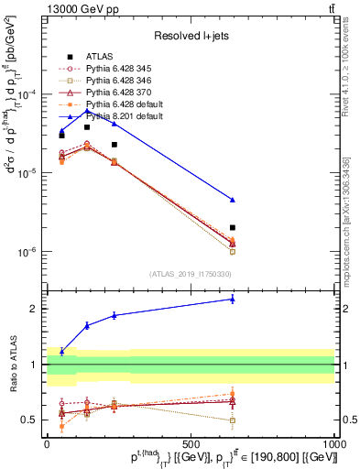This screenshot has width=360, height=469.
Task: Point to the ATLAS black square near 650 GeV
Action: point(233,227)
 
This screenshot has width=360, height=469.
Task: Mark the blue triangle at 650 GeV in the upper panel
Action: point(233,200)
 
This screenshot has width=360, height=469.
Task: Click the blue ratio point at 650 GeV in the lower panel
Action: point(233,299)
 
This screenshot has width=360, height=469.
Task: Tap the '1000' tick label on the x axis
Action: point(334,443)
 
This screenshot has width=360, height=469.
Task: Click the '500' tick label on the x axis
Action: point(191,443)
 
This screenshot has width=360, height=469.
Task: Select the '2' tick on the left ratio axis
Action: point(33,309)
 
